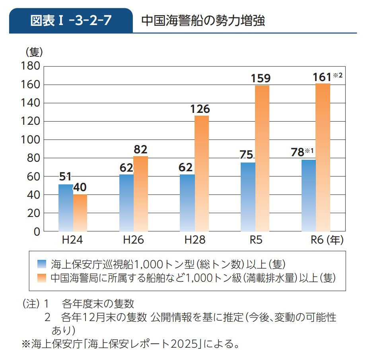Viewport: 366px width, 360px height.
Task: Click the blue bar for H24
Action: pos(66,208)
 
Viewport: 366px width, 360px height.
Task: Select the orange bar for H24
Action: pos(80,213)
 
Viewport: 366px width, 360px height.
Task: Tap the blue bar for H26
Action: pos(127,203)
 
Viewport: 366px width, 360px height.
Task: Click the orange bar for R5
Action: pos(262,158)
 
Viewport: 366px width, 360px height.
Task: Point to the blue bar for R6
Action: pos(309,195)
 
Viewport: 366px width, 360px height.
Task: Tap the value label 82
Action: pos(140,149)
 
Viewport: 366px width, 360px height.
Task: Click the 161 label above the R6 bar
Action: pos(321,77)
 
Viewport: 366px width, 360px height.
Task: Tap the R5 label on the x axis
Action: pos(255,240)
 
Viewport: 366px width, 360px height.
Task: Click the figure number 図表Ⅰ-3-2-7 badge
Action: pos(71,21)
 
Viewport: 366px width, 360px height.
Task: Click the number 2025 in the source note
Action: pos(184,343)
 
